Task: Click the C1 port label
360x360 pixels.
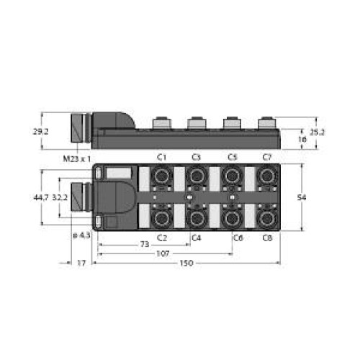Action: pos(161,157)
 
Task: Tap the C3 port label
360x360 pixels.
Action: pos(196,157)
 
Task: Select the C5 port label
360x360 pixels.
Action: pos(233,157)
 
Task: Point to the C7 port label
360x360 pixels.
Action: pos(267,157)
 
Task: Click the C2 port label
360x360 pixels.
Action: pos(162,238)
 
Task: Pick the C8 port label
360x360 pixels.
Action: pos(267,238)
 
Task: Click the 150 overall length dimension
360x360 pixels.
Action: pos(186,263)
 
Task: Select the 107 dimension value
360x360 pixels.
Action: pos(163,253)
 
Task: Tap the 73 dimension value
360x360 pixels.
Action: pos(145,244)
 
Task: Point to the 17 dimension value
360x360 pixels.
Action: pos(81,263)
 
